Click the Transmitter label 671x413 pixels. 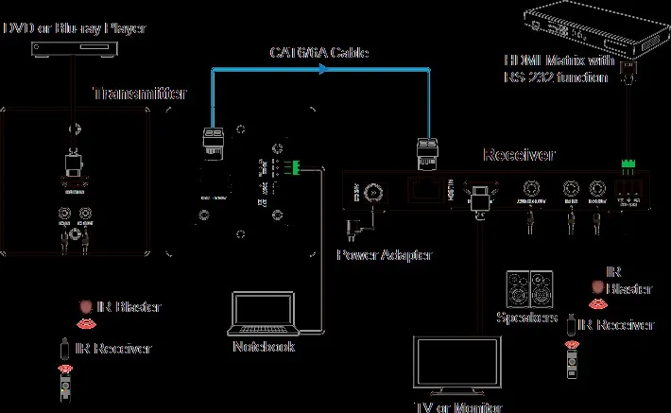pos(139,94)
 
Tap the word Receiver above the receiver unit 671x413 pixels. pos(519,155)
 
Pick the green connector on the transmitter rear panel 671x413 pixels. pos(296,169)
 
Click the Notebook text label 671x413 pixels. pos(264,347)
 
